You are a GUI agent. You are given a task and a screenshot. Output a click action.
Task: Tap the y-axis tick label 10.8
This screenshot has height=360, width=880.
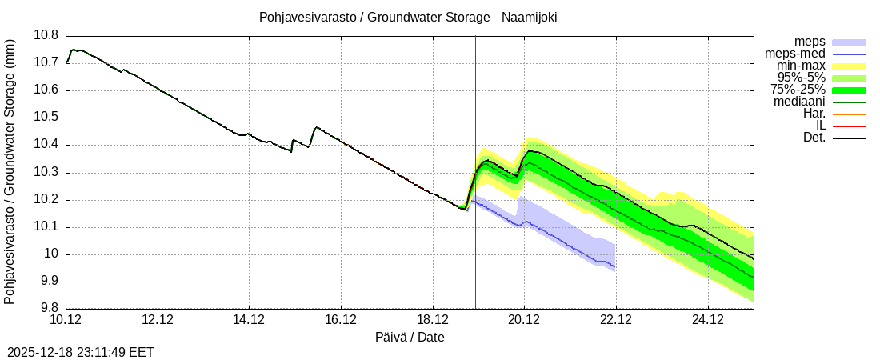click(x=46, y=35)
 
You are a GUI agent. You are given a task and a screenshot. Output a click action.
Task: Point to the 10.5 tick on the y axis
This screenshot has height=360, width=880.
click(x=46, y=118)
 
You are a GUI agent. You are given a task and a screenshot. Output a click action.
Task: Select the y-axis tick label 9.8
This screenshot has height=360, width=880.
click(x=49, y=309)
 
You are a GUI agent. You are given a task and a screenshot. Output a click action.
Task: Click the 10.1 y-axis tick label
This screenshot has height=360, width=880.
click(x=46, y=227)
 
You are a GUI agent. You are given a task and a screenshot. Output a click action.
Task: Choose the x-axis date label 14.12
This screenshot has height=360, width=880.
click(x=250, y=320)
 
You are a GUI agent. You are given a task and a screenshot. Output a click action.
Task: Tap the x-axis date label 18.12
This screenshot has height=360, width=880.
click(x=433, y=320)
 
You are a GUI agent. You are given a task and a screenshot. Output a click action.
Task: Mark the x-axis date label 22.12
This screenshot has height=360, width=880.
click(x=616, y=320)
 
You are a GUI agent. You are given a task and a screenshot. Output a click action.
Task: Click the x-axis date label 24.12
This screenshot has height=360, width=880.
click(x=707, y=320)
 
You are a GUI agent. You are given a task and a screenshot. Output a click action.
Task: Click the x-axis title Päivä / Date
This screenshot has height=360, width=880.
click(x=410, y=338)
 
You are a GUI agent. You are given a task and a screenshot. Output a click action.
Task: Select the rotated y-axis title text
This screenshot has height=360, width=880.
click(x=10, y=172)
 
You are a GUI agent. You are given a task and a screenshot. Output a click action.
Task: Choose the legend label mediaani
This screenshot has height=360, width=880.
click(x=799, y=102)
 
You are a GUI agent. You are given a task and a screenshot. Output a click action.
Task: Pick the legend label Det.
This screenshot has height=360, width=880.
click(x=814, y=138)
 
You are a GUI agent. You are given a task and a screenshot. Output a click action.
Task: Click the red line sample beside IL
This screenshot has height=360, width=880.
click(x=850, y=126)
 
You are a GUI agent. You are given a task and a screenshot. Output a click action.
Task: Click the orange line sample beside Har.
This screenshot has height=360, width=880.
click(x=850, y=114)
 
